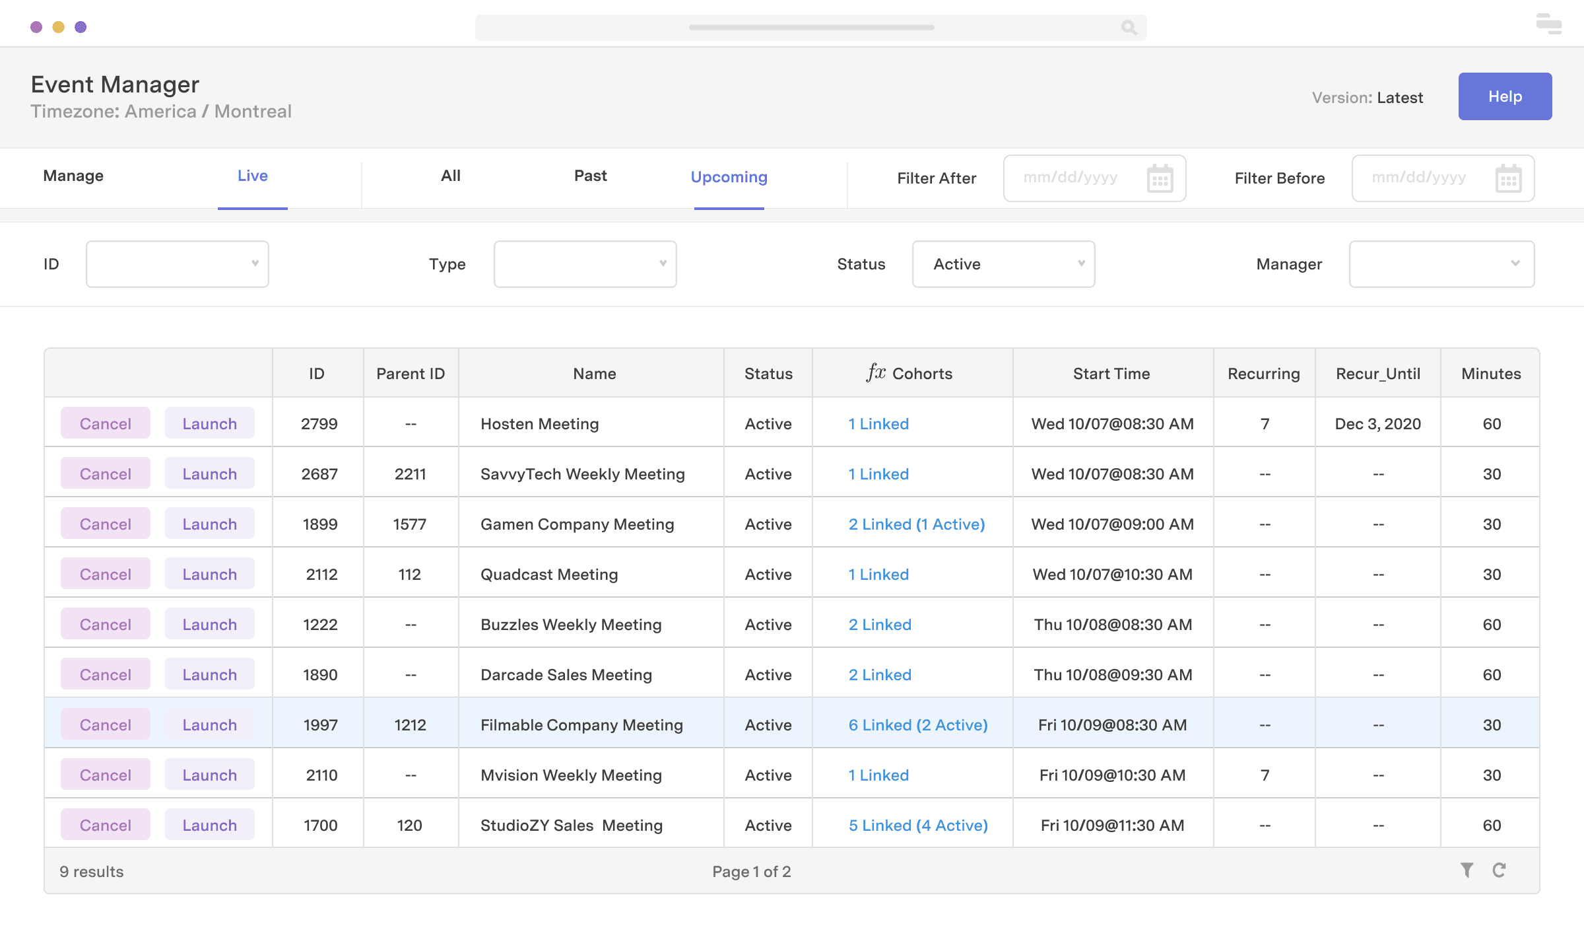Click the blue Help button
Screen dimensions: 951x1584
pos(1504,96)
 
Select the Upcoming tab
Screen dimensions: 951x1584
pos(729,177)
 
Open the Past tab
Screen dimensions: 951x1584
pos(590,176)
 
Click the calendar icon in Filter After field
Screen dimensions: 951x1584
pos(1160,178)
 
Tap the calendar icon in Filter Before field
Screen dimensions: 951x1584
pos(1508,178)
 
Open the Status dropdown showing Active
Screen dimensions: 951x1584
pos(1003,264)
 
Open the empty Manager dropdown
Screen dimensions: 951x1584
pos(1441,264)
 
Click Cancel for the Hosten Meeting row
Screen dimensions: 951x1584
pos(106,423)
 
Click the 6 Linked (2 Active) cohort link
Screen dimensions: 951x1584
pos(918,724)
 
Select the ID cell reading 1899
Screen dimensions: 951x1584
pos(319,524)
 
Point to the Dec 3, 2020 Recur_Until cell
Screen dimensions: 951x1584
pos(1377,423)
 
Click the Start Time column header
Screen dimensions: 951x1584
pos(1111,374)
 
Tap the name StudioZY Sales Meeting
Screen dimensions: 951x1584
pos(572,825)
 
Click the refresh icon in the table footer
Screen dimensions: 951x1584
pos(1499,870)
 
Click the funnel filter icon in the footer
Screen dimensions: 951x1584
pos(1467,870)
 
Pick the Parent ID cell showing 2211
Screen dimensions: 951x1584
pos(410,474)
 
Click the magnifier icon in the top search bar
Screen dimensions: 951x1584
pos(1129,28)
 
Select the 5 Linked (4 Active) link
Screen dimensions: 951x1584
pos(918,825)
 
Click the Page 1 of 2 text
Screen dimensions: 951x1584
pos(751,871)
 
